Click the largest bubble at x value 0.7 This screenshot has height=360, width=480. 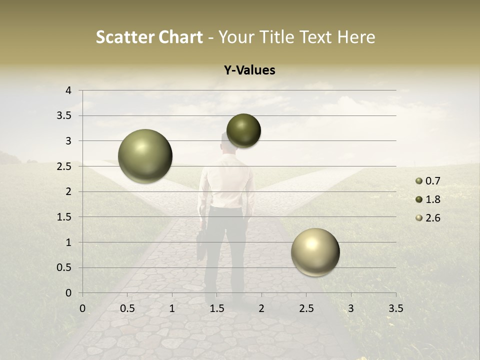(x=145, y=156)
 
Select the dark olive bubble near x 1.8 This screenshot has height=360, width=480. (x=243, y=130)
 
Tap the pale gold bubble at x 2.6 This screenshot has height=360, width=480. (x=315, y=252)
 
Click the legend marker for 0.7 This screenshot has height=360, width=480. (x=419, y=181)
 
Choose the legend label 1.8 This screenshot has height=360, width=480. (x=432, y=199)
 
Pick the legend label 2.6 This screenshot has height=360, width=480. (x=432, y=218)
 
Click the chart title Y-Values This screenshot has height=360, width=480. (x=249, y=70)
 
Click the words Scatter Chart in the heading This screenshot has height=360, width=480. (x=149, y=37)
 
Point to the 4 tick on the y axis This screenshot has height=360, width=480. (x=68, y=90)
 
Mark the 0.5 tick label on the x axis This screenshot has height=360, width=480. (x=127, y=308)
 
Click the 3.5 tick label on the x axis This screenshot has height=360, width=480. (x=395, y=308)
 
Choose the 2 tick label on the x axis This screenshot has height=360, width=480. (x=261, y=308)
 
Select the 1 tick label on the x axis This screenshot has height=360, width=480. (x=172, y=308)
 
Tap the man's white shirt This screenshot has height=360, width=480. (x=227, y=180)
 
